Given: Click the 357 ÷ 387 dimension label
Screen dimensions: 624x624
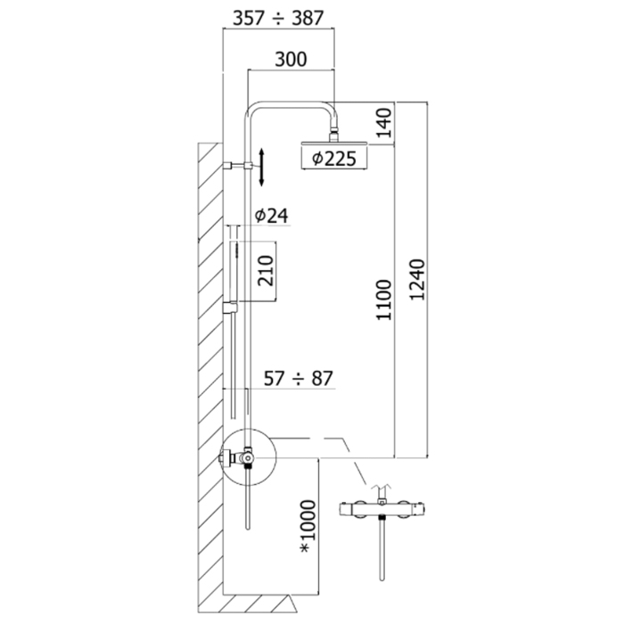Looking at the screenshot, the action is coord(278,18).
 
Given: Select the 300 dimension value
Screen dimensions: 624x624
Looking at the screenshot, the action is coord(291,60).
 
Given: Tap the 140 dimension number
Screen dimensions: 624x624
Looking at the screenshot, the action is coord(384,123).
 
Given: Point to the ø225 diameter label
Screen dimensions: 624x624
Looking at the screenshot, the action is coord(334,159).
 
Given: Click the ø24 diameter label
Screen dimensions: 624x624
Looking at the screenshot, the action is coord(271,216).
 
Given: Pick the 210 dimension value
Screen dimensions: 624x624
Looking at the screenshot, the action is coord(266,271).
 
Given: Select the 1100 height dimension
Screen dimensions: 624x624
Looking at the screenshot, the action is coord(384,300).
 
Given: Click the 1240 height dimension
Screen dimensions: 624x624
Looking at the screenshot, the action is coord(417,280).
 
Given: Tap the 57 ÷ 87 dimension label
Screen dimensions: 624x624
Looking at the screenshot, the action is coord(298,378).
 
